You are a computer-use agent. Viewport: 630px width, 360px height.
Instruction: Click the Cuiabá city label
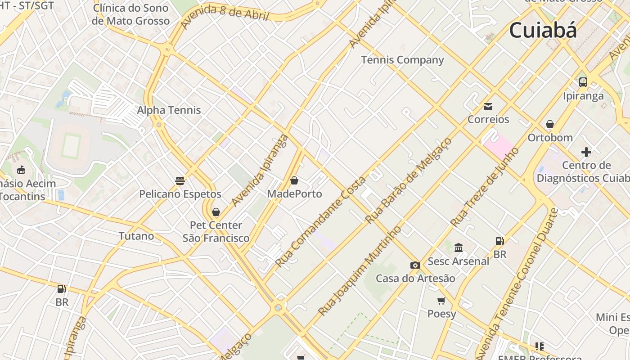coord(543,31)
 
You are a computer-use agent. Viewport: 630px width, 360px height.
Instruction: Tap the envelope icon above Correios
coord(488,107)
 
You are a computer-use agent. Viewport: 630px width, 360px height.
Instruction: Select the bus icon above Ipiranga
coord(583,82)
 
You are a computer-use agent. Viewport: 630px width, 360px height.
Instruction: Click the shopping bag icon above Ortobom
coord(549,124)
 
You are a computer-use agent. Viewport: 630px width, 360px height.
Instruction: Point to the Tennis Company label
coord(402,60)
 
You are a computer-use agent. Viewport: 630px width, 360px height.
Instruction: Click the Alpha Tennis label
coord(169,110)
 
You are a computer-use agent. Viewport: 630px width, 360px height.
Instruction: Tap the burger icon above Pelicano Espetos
coord(180,181)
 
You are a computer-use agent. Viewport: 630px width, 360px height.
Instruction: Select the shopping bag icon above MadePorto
coord(294,180)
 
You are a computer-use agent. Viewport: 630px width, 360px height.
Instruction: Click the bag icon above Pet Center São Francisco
coord(216,212)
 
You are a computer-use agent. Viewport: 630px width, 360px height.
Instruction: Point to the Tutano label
coord(136,236)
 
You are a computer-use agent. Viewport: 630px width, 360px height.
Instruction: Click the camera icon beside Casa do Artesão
coord(415,265)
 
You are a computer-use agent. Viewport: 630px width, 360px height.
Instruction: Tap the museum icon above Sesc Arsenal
coord(459,247)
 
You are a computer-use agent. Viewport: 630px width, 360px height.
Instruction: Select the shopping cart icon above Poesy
coord(441,301)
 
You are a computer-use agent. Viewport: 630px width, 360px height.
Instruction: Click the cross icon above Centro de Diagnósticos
coord(586,152)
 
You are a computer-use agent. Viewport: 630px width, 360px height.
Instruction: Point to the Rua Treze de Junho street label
coord(485,187)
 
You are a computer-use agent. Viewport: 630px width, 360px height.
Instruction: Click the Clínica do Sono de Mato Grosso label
coord(130,14)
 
